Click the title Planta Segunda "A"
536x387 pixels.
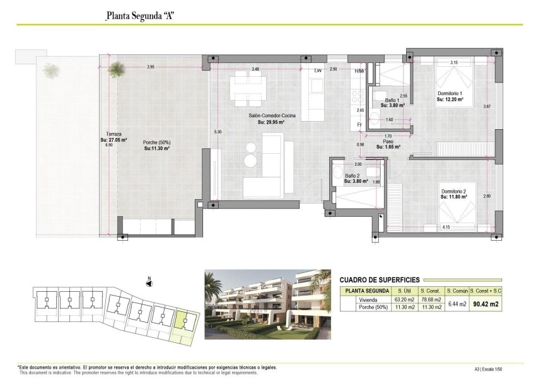(139, 16)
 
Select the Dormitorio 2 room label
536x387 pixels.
(453, 191)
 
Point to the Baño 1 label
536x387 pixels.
(392, 100)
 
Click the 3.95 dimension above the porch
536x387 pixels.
(151, 67)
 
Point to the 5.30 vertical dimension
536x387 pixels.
(218, 131)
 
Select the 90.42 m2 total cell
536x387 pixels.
(487, 304)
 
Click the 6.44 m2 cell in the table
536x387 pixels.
(456, 304)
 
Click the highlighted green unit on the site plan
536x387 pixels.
(184, 323)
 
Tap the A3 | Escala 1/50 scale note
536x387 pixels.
(488, 370)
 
